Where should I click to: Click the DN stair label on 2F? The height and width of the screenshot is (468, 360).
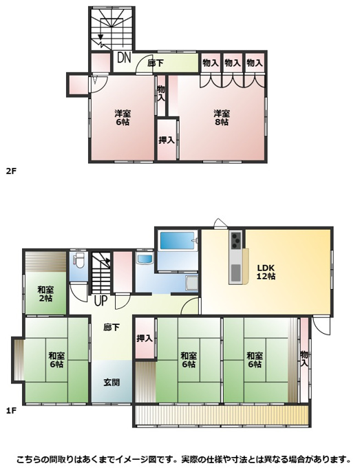pos(124,58)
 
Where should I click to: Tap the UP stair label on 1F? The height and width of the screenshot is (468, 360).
pos(100,301)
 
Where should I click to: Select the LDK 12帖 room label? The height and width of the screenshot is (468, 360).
pos(266,272)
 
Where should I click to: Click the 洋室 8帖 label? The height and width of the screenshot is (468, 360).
pos(222,118)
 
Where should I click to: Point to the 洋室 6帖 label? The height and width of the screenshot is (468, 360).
pos(123,118)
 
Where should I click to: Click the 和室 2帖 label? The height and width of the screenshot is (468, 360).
pos(45,294)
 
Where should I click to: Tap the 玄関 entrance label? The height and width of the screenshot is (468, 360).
pos(112,383)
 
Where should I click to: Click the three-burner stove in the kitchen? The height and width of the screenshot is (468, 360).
pos(236,240)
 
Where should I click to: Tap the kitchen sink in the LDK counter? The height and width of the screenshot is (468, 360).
pos(235,272)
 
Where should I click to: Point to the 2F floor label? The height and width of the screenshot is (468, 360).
pos(11,171)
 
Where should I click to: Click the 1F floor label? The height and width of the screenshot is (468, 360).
pos(11,411)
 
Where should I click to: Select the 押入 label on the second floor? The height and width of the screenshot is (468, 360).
pos(167,140)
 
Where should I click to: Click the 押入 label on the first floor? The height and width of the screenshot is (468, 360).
pos(145,338)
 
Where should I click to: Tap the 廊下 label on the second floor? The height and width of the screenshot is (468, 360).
pos(156,63)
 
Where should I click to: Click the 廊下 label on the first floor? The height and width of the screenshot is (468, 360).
pos(112,328)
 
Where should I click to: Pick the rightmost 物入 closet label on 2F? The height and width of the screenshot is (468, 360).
pos(255,63)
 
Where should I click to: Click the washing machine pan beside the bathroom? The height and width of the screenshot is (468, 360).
pos(191,283)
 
